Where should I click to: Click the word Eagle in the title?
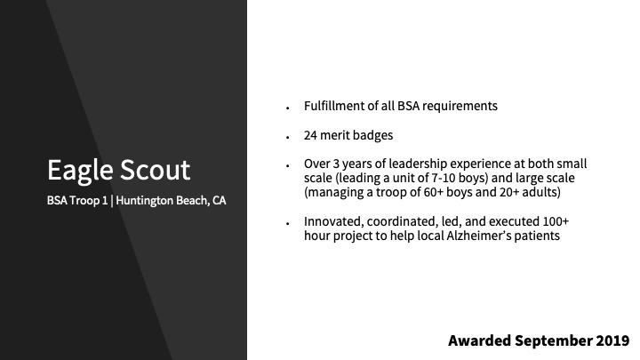pos(80,171)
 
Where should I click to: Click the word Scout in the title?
pos(155,170)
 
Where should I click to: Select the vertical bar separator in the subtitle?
pos(111,201)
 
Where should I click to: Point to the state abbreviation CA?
pos(219,200)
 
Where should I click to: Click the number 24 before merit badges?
pos(310,135)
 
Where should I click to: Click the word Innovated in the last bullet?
pos(333,221)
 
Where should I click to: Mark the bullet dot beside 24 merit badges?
pos(288,138)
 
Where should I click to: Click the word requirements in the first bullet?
pos(460,107)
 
